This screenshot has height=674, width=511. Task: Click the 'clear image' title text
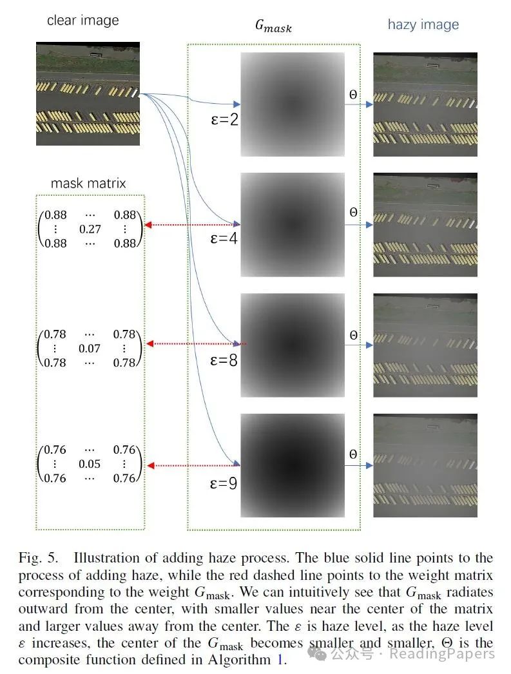83,21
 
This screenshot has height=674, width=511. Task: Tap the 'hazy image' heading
423,24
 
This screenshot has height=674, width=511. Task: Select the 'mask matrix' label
88,183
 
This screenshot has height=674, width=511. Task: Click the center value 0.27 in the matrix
90,229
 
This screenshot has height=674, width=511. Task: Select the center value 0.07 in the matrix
90,349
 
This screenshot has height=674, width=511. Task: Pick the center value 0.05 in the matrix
90,464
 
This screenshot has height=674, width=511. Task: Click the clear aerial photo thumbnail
88,93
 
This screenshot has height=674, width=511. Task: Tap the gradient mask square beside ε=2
293,104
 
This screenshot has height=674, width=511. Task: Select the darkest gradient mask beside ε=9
293,466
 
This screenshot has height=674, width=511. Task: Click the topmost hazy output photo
425,104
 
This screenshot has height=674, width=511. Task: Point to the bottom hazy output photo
425,466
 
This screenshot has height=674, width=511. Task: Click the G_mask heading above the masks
273,26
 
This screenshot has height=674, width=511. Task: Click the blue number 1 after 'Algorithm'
282,659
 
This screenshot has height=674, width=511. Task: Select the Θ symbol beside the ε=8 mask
353,335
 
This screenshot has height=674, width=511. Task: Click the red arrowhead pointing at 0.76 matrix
148,465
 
